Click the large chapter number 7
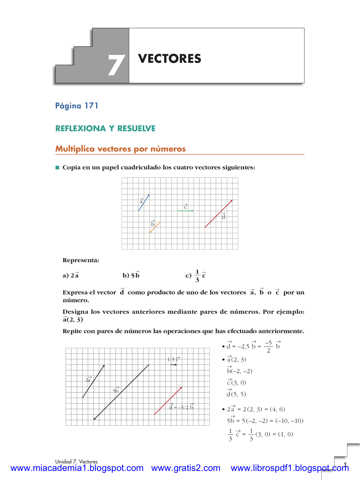point(116,65)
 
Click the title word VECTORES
point(170,59)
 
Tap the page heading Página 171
point(77,106)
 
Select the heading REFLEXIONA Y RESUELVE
point(105,128)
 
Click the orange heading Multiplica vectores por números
point(120,149)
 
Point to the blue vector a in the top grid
point(144,202)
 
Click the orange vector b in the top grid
point(155,227)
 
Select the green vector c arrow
point(185,211)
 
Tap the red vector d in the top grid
point(218,214)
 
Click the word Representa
point(81,260)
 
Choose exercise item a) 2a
point(71,275)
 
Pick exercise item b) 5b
point(131,275)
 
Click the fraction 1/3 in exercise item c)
point(197,276)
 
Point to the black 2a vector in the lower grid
point(93,381)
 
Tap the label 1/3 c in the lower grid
point(173,359)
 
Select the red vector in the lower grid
point(168,401)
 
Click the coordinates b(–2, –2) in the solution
point(240,371)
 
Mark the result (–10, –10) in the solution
point(289,421)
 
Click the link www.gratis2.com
point(186,468)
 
